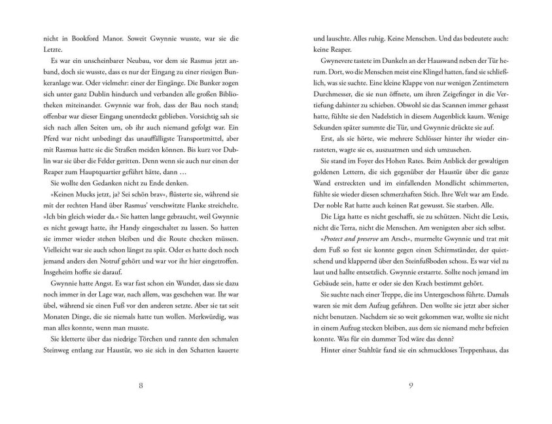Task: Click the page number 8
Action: (141, 383)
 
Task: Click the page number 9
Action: (410, 383)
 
